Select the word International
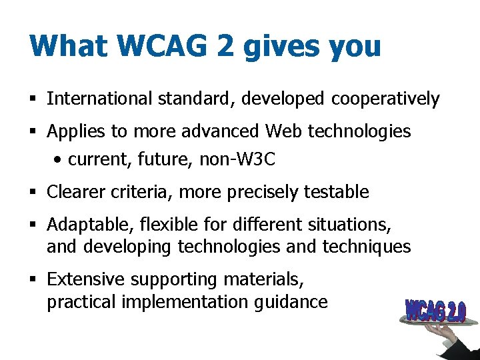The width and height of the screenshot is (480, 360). point(100,99)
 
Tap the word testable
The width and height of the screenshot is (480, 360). point(336,193)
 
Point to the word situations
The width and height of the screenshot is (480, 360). point(349,224)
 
